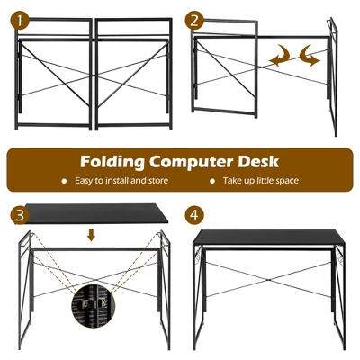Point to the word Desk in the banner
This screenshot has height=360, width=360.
coord(260,162)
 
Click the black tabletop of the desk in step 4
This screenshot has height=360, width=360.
coord(269,237)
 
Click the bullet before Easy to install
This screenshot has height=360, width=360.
coord(64,181)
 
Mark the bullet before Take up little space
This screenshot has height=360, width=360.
coord(213,181)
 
